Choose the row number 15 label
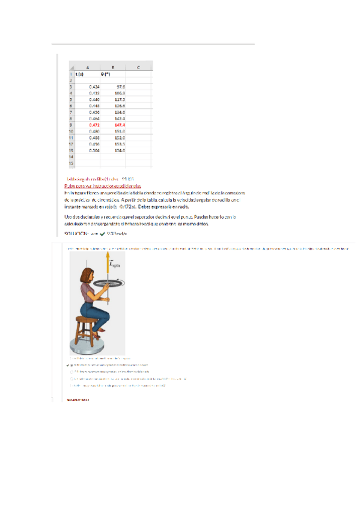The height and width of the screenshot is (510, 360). (x=71, y=162)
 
